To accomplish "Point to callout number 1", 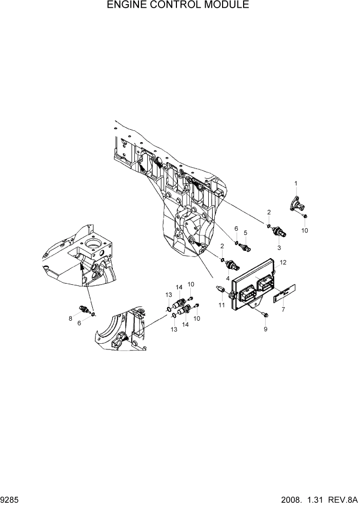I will pyautogui.click(x=296, y=183).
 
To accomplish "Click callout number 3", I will pyautogui.click(x=279, y=248).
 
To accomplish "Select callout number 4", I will pyautogui.click(x=228, y=278).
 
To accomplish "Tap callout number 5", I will pyautogui.click(x=245, y=232).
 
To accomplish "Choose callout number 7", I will pyautogui.click(x=283, y=311).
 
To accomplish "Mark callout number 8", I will pyautogui.click(x=70, y=319).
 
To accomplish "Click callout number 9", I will pyautogui.click(x=266, y=329).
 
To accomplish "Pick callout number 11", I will pyautogui.click(x=222, y=306).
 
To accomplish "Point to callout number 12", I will pyautogui.click(x=283, y=262).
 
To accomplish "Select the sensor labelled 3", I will pyautogui.click(x=280, y=232).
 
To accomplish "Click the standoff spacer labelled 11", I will pyautogui.click(x=221, y=291).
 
